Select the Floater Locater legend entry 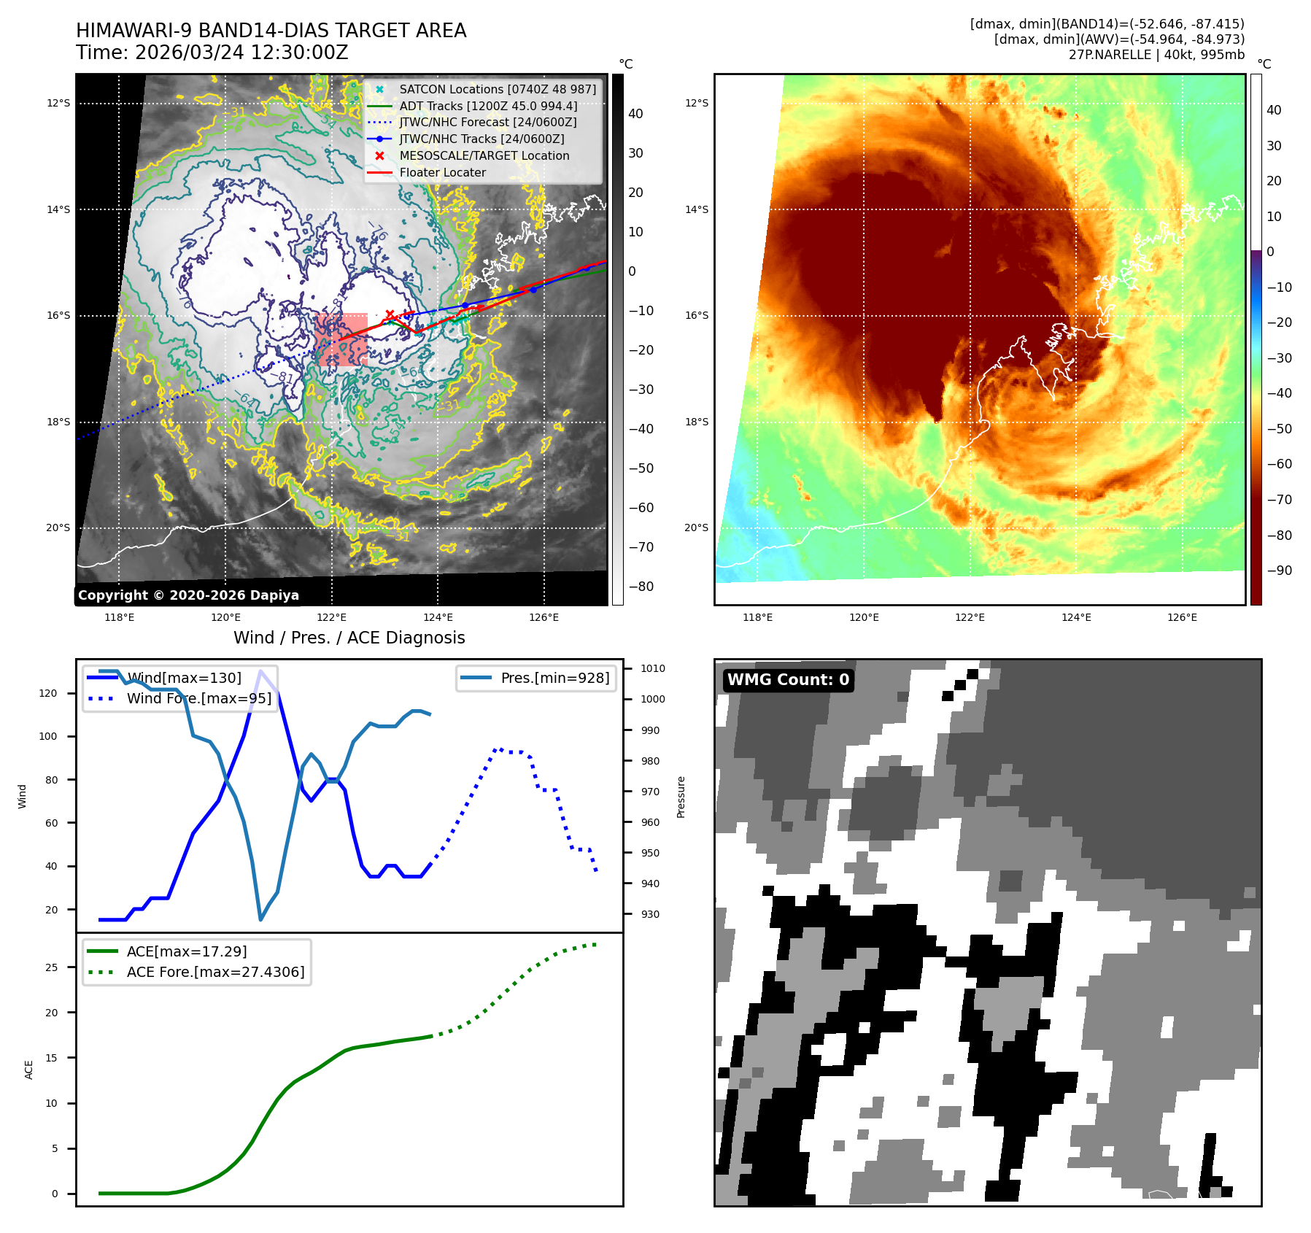(x=442, y=172)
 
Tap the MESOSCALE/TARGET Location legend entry (x=484, y=155)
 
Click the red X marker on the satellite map (x=390, y=314)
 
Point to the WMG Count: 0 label (x=788, y=680)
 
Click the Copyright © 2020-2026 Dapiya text (x=188, y=595)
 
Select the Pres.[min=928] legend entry (x=554, y=678)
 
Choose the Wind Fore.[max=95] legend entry (x=198, y=698)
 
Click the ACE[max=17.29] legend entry (x=186, y=951)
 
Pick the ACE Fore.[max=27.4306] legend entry (x=215, y=972)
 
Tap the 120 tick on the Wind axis (x=48, y=693)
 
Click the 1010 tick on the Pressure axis (x=652, y=668)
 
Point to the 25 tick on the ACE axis (x=52, y=967)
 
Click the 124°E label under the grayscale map (x=438, y=617)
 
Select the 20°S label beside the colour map (x=696, y=527)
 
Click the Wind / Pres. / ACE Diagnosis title (x=349, y=638)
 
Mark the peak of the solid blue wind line (x=260, y=670)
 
